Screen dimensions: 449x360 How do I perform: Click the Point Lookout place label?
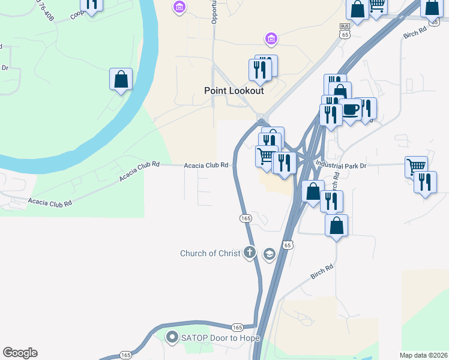pyautogui.click(x=234, y=91)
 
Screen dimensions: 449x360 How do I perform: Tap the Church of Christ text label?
pyautogui.click(x=209, y=253)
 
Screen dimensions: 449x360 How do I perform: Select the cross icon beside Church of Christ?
pyautogui.click(x=250, y=253)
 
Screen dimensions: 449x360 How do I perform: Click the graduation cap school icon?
pyautogui.click(x=268, y=254)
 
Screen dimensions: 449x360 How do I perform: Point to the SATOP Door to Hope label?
pyautogui.click(x=220, y=338)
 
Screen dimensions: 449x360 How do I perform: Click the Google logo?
pyautogui.click(x=20, y=353)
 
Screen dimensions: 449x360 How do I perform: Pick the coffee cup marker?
pyautogui.click(x=351, y=110)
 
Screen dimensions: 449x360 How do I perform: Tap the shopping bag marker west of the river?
pyautogui.click(x=121, y=80)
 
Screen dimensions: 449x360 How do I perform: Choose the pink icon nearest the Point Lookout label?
pyautogui.click(x=271, y=40)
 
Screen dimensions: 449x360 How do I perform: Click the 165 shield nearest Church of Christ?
pyautogui.click(x=245, y=219)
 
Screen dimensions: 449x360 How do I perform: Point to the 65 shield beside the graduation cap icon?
pyautogui.click(x=288, y=245)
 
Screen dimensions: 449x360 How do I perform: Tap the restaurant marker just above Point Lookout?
pyautogui.click(x=260, y=70)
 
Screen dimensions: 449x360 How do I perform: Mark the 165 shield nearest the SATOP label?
pyautogui.click(x=237, y=327)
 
